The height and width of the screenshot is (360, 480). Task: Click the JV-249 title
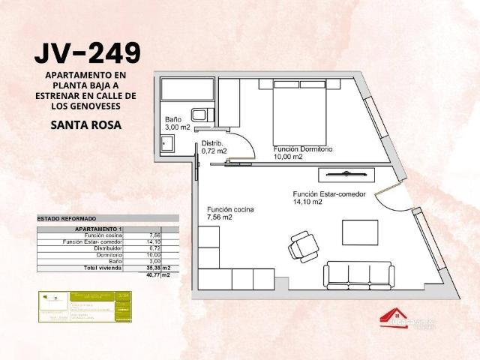coord(87,52)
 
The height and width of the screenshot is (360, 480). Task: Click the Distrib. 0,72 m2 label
coord(213,147)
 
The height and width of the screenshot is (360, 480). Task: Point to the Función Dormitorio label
coord(302,152)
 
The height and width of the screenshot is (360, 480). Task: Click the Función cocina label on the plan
coord(230,213)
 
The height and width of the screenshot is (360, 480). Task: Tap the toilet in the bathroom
coord(200,115)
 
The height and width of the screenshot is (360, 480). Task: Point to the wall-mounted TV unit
coord(343,174)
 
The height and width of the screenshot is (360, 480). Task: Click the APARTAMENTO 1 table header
coord(98,229)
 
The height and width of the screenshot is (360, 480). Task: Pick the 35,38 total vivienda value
coord(154,267)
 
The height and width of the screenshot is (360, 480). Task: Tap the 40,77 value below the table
coord(154,274)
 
